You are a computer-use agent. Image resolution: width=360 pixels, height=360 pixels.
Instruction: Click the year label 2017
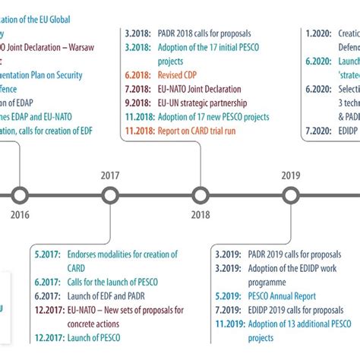click(x=110, y=175)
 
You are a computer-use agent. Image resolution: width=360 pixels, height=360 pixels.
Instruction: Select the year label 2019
click(x=290, y=175)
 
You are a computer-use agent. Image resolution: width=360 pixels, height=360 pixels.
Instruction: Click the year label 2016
click(x=20, y=215)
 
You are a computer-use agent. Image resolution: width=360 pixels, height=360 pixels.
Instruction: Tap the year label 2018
click(x=201, y=215)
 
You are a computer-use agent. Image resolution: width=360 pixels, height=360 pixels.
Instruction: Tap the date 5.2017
click(x=48, y=254)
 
